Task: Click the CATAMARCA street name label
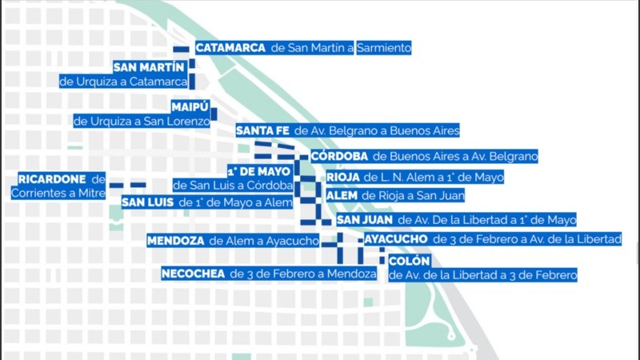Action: (x=230, y=48)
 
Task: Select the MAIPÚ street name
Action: (x=190, y=107)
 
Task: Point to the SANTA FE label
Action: (x=262, y=130)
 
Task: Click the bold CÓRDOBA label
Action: (x=339, y=156)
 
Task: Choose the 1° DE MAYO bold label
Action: (x=258, y=171)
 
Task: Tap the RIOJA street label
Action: (x=343, y=177)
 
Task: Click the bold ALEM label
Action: (x=342, y=195)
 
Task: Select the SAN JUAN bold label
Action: (x=365, y=219)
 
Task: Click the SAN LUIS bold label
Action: (x=149, y=203)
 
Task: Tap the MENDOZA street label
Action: (x=176, y=240)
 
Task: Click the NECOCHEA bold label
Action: (x=193, y=274)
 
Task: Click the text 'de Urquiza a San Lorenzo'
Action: (x=142, y=122)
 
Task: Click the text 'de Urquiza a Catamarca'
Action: (x=123, y=82)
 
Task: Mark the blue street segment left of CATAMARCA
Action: (x=182, y=50)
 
